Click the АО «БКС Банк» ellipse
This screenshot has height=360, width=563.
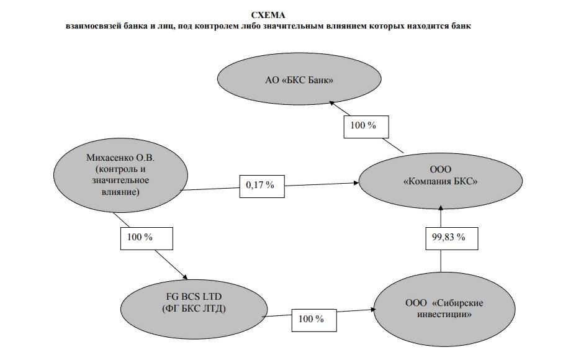click(x=299, y=79)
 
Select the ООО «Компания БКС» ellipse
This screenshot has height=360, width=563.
click(x=441, y=181)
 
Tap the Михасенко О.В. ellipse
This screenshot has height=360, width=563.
click(x=120, y=175)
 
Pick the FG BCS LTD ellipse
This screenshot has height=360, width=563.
click(x=194, y=309)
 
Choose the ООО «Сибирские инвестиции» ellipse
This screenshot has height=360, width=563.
click(x=444, y=309)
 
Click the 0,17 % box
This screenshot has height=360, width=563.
click(x=262, y=186)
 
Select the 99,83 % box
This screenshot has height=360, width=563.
click(x=452, y=238)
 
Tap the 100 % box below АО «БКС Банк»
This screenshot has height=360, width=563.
click(x=366, y=127)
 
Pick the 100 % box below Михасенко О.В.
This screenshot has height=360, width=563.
click(x=146, y=238)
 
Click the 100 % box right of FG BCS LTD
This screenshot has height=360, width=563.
click(x=314, y=320)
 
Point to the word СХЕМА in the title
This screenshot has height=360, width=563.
click(x=268, y=15)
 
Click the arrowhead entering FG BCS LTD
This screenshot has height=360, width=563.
click(x=185, y=277)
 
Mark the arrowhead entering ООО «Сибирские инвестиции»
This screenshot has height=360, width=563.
click(x=372, y=309)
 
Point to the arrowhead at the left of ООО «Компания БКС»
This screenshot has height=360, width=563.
click(x=356, y=183)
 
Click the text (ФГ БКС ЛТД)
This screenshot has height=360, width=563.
click(x=194, y=309)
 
